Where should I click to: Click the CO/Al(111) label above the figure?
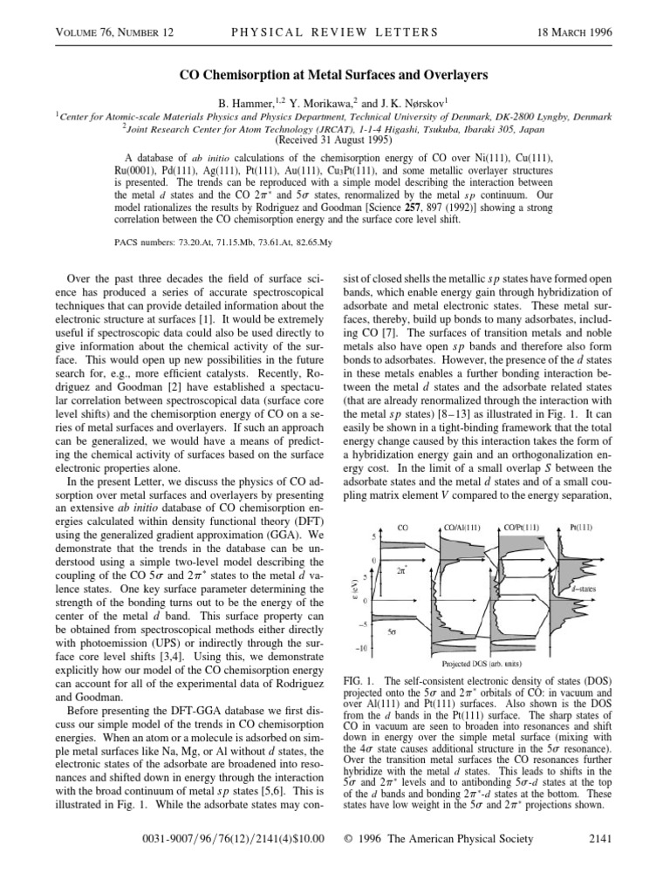[x=461, y=528]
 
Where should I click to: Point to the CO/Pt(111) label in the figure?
[x=522, y=528]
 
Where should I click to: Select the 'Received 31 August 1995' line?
[x=335, y=139]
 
